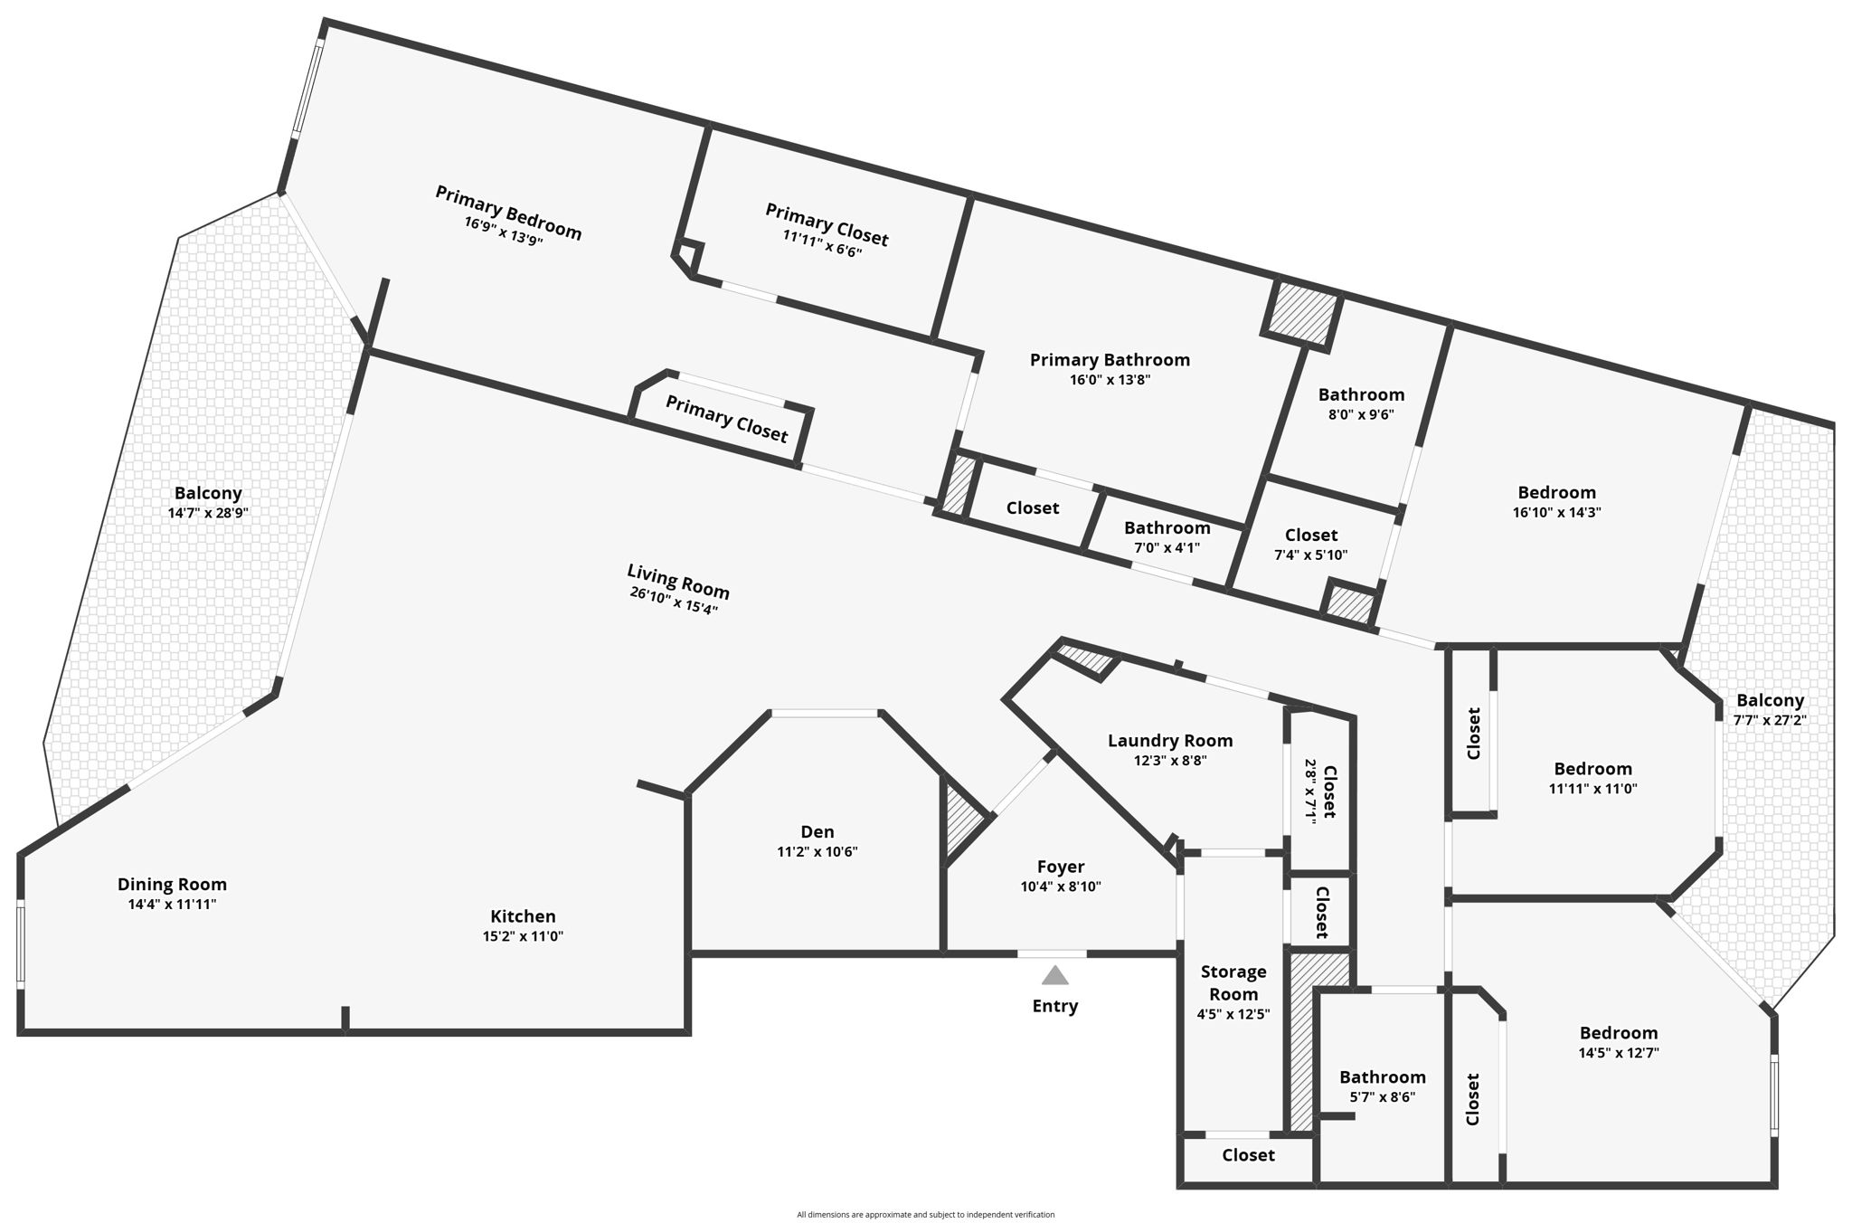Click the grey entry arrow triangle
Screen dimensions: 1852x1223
coord(1054,974)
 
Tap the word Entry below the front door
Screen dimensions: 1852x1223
coord(1055,1006)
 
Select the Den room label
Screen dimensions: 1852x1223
coord(817,832)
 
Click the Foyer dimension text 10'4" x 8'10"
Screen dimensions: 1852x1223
coord(1061,886)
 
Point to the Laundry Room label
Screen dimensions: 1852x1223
coord(1170,741)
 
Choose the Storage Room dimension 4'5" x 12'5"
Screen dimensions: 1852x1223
coord(1233,1014)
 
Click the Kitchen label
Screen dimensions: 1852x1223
coord(523,916)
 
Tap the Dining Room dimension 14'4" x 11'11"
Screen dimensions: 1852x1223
coord(172,904)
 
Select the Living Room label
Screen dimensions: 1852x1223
coord(678,581)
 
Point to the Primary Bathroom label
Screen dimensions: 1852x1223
coord(1110,360)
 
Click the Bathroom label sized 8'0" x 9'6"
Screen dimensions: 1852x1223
coord(1361,394)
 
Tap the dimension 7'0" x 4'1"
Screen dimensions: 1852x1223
coord(1167,547)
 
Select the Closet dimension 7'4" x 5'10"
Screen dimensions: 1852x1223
coord(1310,555)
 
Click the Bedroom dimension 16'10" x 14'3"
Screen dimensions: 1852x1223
coord(1556,512)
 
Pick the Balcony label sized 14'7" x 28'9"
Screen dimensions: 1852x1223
coord(208,493)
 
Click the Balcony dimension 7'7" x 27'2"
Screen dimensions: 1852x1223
coord(1770,720)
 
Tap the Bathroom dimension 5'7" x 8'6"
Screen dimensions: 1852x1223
coord(1383,1097)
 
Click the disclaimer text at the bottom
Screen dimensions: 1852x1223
coord(925,1215)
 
